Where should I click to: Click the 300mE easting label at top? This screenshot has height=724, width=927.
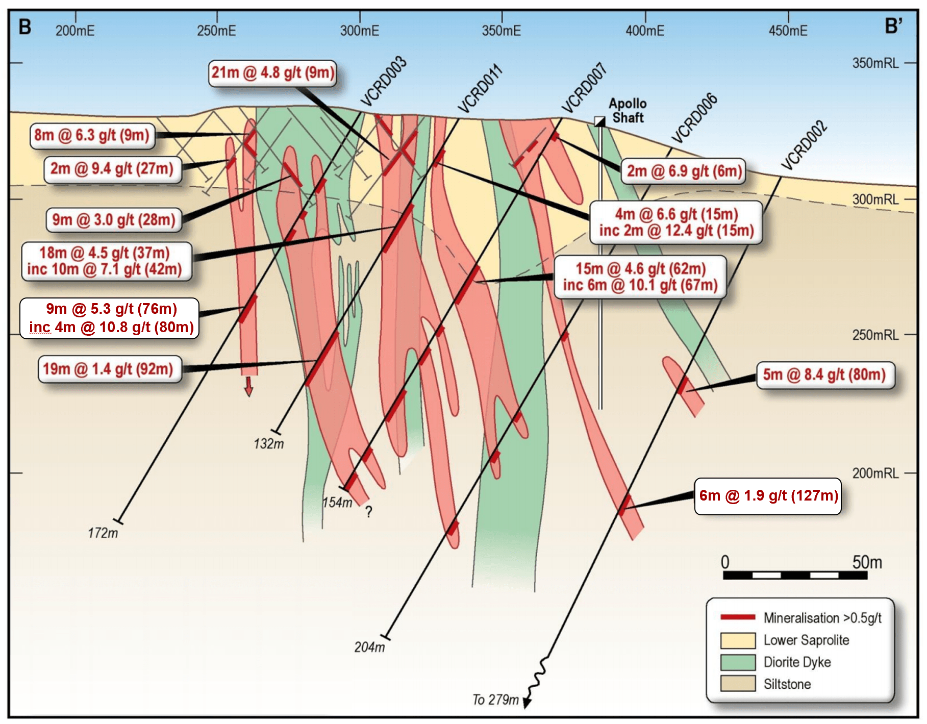360,31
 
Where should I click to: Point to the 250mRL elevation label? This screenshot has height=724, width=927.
875,335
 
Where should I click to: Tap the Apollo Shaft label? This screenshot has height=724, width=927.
628,111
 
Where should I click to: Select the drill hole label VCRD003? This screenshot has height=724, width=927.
383,82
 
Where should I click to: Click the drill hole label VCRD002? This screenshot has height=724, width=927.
804,145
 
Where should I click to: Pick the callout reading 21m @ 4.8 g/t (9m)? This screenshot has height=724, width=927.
272,73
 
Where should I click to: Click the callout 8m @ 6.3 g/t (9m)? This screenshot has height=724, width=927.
92,136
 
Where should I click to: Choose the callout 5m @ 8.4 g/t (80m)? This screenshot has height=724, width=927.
824,375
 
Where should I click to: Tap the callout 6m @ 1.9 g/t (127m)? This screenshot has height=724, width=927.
768,496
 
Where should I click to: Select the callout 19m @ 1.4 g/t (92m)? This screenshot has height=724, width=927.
109,369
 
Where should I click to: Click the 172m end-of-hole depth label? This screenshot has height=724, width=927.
103,533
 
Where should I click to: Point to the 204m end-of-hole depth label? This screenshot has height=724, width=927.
369,647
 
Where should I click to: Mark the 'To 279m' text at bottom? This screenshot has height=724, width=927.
495,700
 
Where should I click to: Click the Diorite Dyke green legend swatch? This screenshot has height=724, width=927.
738,662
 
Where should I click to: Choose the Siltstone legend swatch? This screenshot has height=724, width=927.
738,684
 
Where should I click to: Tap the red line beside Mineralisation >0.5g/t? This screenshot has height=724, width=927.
738,617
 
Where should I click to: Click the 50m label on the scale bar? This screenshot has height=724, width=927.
867,562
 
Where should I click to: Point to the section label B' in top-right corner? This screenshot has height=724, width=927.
893,26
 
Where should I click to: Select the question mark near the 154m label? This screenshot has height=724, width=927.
368,512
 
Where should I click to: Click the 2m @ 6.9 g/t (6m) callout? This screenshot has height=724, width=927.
684,171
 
